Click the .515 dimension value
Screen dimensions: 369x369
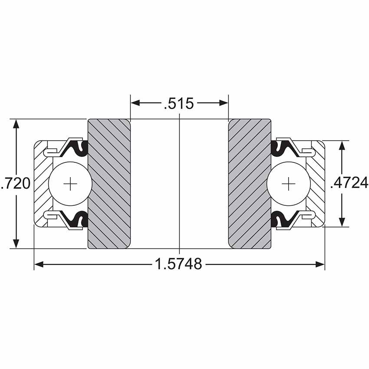pos(179,103)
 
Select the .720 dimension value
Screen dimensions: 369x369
pos(16,183)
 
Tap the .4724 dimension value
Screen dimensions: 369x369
pos(349,183)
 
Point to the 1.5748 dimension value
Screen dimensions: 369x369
pos(178,264)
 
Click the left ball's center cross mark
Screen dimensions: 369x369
pos(70,184)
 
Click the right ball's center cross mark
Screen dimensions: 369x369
pos(288,184)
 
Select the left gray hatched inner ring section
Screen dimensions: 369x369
pos(109,184)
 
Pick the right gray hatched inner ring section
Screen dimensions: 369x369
pos(250,184)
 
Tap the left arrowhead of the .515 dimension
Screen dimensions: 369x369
pos(135,103)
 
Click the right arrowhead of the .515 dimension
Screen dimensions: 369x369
pos(224,103)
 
